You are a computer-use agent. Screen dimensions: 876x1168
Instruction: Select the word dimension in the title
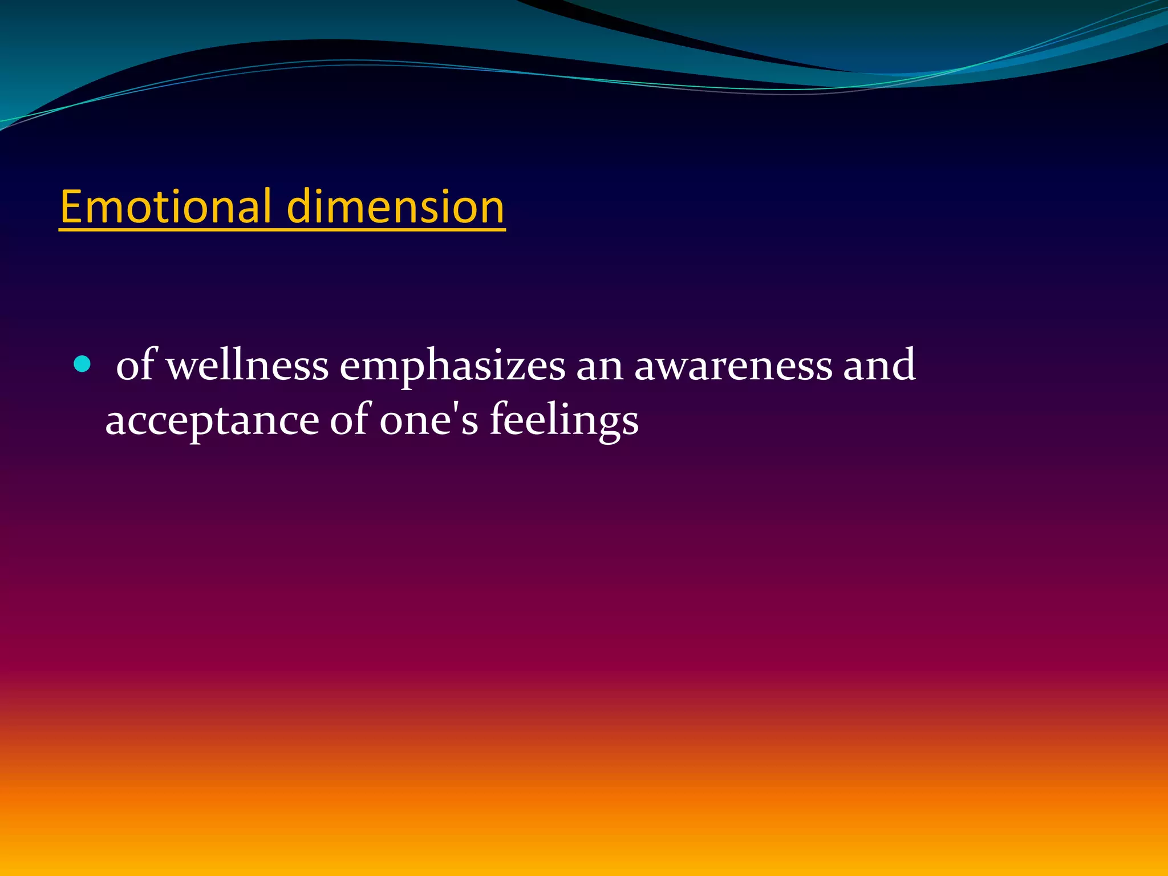[x=395, y=206]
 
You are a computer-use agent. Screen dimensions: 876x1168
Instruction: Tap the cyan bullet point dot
[x=82, y=364]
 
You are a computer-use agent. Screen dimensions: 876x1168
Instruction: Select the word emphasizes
[x=452, y=366]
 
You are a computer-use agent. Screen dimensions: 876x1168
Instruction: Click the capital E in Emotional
[x=71, y=206]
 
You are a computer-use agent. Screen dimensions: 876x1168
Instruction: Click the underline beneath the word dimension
[x=395, y=229]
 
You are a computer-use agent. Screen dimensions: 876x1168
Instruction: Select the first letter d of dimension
[x=299, y=206]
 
